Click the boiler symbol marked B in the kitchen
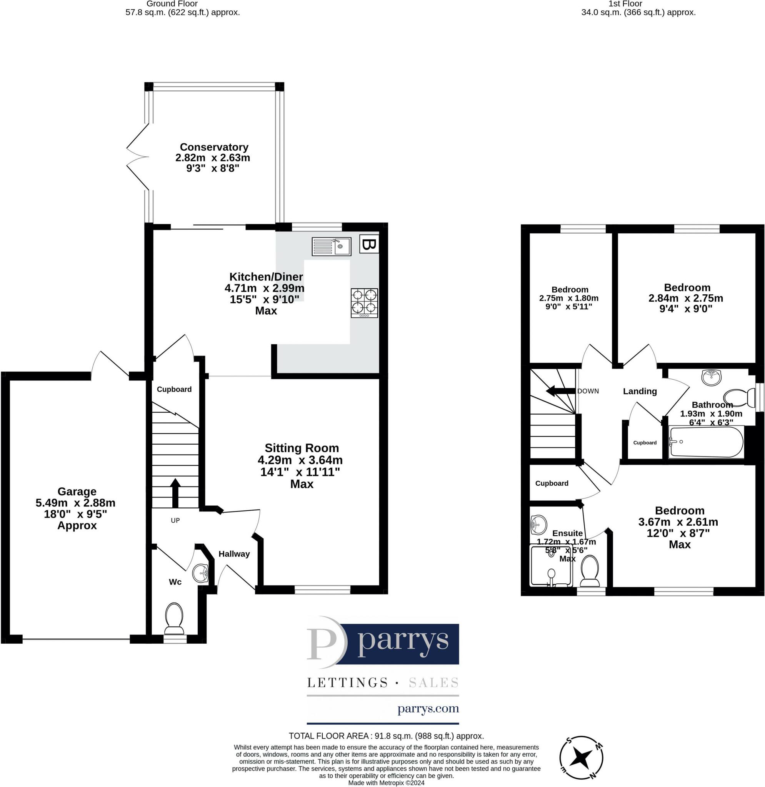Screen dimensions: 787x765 tap(368, 243)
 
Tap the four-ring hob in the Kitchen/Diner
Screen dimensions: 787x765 tap(364, 303)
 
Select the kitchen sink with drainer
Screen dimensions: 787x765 tap(332, 247)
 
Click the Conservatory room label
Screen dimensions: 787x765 tap(214, 147)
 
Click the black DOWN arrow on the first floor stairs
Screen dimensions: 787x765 tap(560, 391)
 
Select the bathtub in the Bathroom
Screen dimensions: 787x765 tap(706, 442)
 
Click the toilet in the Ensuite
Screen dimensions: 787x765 tap(590, 571)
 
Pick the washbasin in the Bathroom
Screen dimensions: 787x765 tap(712, 377)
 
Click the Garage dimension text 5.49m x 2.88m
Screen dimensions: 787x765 tap(75, 503)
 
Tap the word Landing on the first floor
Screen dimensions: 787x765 tap(640, 391)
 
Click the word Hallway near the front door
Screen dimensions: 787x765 tap(234, 554)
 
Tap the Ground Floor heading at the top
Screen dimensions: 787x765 tap(172, 4)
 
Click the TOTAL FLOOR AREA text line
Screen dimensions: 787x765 tap(386, 736)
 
